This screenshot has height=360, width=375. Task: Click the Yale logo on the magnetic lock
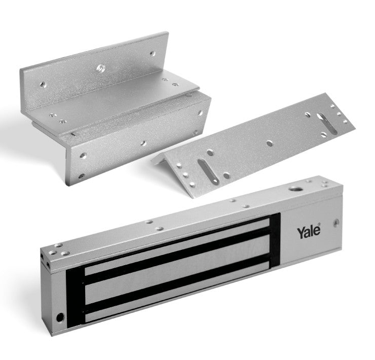coord(308,233)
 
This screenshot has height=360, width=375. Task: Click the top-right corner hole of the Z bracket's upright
coord(151,52)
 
